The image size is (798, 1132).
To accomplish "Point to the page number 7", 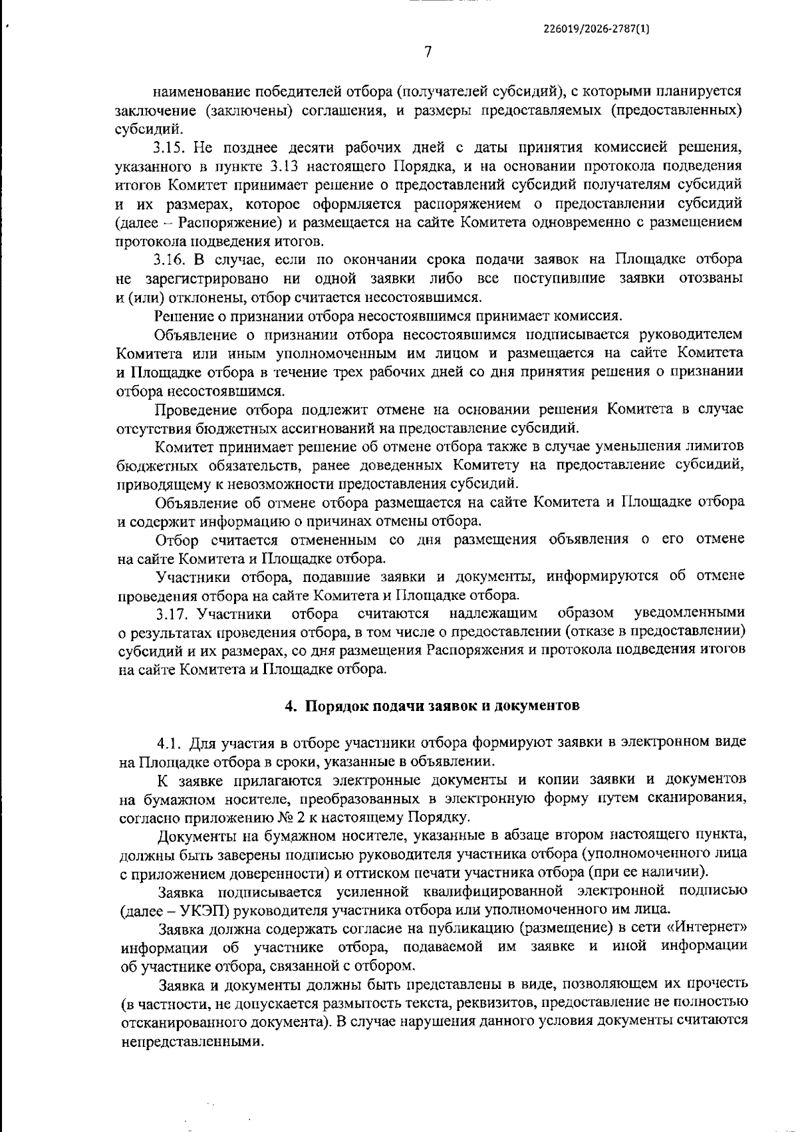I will tap(428, 52).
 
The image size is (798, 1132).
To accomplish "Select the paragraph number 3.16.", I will tap(170, 259).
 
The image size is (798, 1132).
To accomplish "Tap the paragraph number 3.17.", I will tap(172, 612).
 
